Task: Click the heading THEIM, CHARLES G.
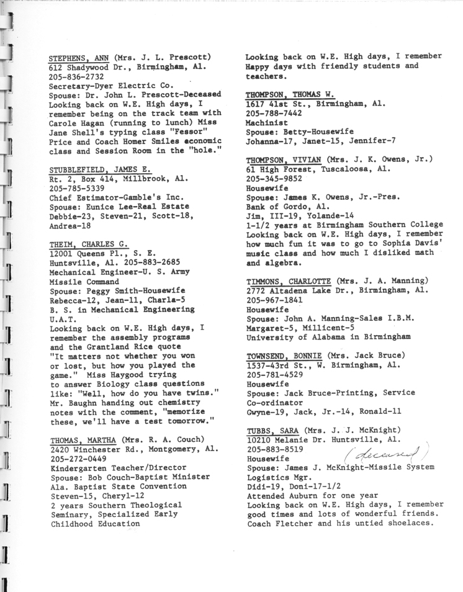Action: point(80,243)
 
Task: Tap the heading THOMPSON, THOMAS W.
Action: point(290,93)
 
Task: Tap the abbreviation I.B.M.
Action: point(400,316)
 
